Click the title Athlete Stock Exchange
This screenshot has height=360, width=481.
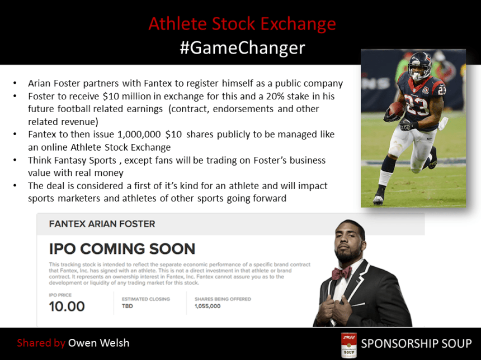[242, 24]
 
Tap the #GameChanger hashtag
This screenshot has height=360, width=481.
[242, 47]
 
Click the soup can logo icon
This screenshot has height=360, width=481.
[349, 344]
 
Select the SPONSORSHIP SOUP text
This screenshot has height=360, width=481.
[416, 343]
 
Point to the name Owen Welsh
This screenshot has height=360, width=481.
[98, 343]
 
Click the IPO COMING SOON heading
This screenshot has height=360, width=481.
[122, 248]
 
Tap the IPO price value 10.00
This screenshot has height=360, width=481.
[67, 306]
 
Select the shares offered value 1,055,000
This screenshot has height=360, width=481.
[208, 306]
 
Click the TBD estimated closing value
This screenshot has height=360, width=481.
[128, 306]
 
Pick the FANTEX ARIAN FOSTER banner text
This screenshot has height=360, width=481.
[102, 224]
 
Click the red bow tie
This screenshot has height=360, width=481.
[342, 273]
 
